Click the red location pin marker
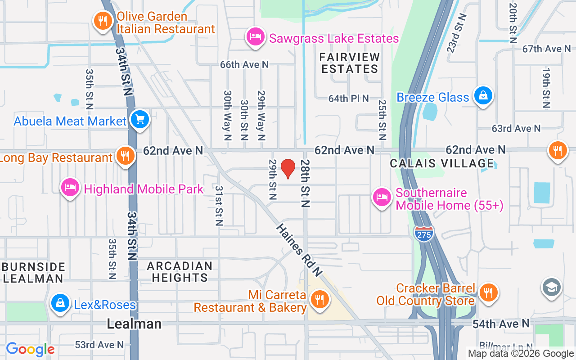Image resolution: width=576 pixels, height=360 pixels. point(288,169)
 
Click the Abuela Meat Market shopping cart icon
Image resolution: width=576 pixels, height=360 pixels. point(140,120)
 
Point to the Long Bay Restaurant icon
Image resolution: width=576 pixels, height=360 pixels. point(125,156)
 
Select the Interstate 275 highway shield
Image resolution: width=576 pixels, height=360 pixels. point(423,233)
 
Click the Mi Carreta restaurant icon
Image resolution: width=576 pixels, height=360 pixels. point(320,299)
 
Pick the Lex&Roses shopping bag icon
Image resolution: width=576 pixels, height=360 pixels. point(59,303)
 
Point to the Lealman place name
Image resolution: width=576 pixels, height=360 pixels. point(134,324)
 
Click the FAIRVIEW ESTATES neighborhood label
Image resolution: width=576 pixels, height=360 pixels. point(350,63)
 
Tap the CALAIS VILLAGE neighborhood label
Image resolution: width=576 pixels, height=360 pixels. point(442,163)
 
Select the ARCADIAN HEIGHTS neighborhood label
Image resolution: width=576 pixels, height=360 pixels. point(180,271)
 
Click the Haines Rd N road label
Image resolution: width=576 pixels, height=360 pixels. point(299,250)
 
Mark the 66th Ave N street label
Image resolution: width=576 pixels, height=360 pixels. point(244,65)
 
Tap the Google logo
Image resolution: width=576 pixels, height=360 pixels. point(30,349)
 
